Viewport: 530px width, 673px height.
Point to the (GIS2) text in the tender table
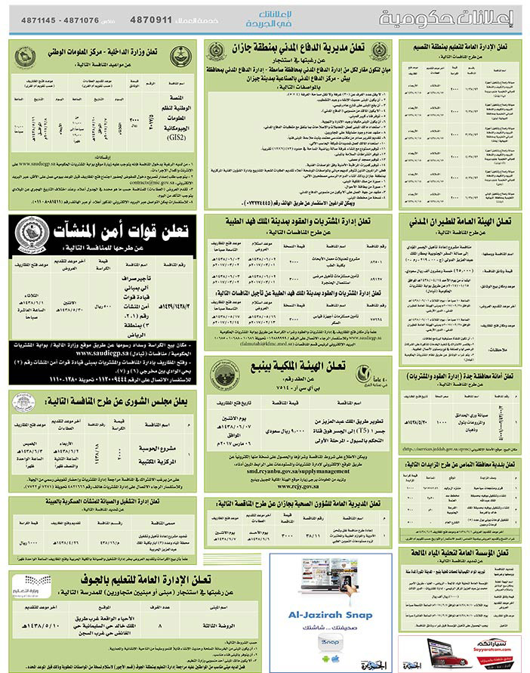[175, 137]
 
